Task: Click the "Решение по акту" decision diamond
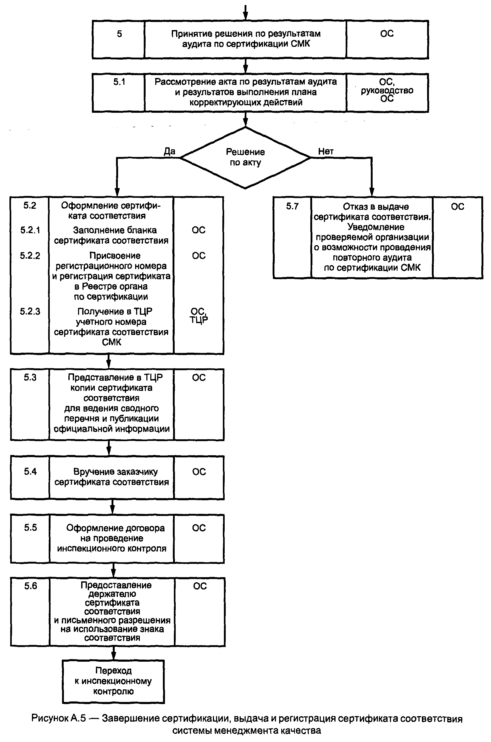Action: click(245, 157)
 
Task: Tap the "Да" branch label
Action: click(169, 152)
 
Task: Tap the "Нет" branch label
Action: click(326, 152)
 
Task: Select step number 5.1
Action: click(119, 82)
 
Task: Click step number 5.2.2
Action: click(30, 256)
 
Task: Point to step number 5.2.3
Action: click(30, 312)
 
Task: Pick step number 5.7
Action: click(292, 206)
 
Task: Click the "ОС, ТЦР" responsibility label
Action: click(198, 316)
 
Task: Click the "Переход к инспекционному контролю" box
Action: click(113, 681)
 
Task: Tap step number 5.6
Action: click(31, 586)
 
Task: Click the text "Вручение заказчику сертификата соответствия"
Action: click(112, 477)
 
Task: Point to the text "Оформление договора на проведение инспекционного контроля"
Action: click(112, 538)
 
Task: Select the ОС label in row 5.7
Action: click(457, 207)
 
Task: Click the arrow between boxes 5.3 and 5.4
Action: click(109, 448)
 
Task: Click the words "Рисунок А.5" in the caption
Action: click(59, 718)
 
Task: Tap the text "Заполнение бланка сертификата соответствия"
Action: click(112, 235)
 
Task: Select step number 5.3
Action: click(30, 378)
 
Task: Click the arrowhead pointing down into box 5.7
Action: click(372, 192)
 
